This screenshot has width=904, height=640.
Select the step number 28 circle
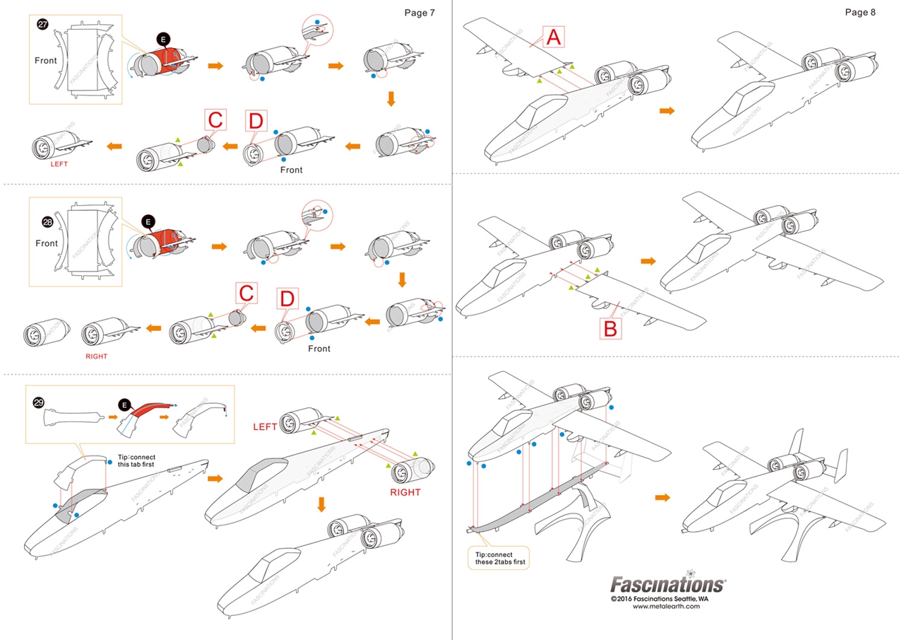point(47,222)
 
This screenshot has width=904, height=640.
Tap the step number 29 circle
point(39,402)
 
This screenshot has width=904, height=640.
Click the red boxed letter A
point(554,37)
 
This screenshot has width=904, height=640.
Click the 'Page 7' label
point(420,13)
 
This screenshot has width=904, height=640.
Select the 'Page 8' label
point(860,13)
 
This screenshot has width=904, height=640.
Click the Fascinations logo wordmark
point(667,585)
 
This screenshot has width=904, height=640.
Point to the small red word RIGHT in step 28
point(96,356)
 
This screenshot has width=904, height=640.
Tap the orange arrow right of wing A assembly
point(665,110)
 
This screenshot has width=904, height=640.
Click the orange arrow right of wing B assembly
point(648,262)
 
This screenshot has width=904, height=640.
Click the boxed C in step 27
point(216,121)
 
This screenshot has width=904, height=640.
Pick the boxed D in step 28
point(286,299)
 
